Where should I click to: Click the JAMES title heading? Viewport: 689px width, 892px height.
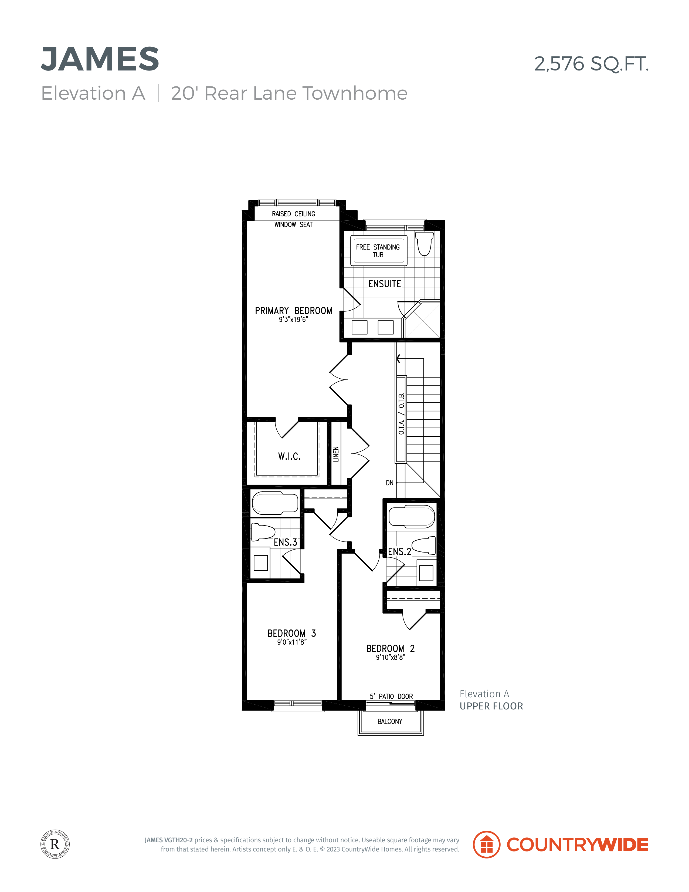(100, 59)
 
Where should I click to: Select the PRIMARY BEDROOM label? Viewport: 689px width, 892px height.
(293, 311)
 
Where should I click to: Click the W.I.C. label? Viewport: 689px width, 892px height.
(289, 456)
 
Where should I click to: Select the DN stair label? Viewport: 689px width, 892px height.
(390, 483)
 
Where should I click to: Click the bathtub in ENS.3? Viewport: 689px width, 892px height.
(275, 503)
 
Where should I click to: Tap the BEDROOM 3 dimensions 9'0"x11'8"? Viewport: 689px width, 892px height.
(291, 642)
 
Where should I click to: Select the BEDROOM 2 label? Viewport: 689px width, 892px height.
(390, 649)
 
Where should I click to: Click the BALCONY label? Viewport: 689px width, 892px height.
(390, 722)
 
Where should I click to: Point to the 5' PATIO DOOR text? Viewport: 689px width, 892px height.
(391, 696)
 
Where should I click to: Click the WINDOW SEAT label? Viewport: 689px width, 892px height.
(293, 225)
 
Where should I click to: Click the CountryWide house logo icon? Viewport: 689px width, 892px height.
(487, 844)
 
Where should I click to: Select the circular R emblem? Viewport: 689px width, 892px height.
(55, 844)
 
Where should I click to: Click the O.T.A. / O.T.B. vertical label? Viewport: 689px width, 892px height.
(401, 413)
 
